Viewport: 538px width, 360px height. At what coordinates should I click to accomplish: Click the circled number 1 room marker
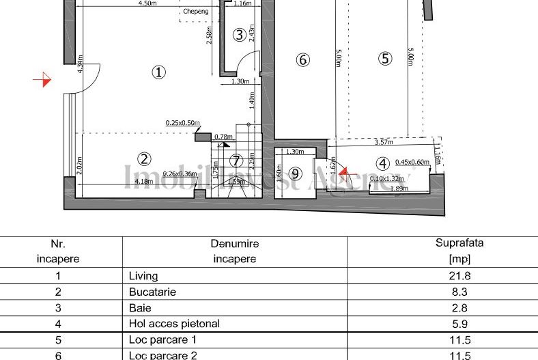[x=158, y=72]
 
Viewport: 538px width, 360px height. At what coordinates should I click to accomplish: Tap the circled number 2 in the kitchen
[x=144, y=158]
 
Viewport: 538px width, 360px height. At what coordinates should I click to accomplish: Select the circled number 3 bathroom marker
[x=239, y=35]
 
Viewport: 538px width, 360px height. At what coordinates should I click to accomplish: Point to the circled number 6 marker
[x=303, y=60]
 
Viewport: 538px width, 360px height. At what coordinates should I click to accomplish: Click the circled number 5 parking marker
[x=386, y=59]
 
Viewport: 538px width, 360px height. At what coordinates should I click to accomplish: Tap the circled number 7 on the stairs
[x=236, y=161]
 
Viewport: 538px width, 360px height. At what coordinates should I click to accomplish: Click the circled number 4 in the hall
[x=382, y=163]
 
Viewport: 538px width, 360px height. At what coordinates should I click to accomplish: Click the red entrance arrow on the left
[x=43, y=80]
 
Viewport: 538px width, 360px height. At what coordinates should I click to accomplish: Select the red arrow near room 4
[x=344, y=173]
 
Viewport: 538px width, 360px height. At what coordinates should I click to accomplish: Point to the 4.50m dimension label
[x=147, y=3]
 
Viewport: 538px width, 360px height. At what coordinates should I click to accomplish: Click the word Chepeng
[x=196, y=12]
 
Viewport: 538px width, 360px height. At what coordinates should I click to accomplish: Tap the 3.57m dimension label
[x=384, y=142]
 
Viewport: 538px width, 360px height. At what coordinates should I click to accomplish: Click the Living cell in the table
[x=143, y=276]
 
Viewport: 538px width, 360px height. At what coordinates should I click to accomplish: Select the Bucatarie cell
[x=152, y=292]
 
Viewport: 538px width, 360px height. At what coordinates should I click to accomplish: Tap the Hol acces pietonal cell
[x=174, y=324]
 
